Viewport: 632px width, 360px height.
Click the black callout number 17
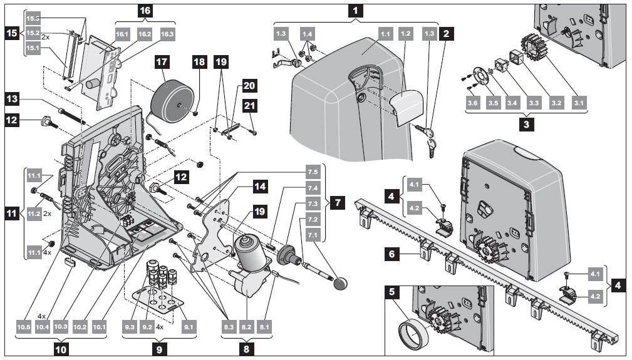pos(162,63)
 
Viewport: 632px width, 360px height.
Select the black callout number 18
pos(199,63)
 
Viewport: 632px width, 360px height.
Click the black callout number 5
pos(393,291)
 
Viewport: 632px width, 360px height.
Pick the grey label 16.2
pos(145,33)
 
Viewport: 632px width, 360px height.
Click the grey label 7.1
pos(312,235)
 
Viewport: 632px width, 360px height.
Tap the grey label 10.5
pos(24,326)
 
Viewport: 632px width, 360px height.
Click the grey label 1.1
pos(385,34)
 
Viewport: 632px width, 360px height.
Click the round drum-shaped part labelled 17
pos(171,93)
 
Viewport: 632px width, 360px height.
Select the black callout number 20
pos(249,85)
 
